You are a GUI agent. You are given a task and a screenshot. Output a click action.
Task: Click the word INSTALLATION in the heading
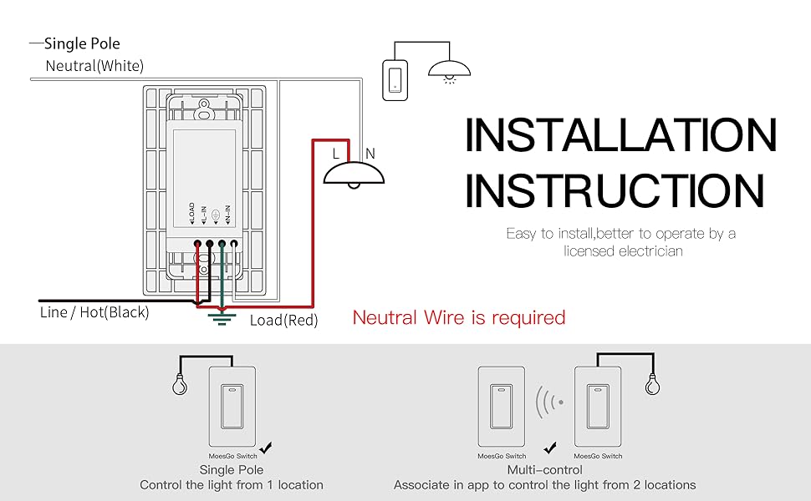[620, 134]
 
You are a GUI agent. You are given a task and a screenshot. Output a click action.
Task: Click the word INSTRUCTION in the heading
[615, 190]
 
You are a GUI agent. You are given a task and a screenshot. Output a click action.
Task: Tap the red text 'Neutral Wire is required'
[459, 317]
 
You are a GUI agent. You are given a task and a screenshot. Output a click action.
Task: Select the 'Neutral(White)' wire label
[94, 66]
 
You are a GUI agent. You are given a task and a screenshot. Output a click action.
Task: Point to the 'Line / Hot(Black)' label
[94, 312]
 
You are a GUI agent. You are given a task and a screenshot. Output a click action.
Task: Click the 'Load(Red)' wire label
[283, 321]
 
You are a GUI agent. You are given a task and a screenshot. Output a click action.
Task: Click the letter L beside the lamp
[335, 154]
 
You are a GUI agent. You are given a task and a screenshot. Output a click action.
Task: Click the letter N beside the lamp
[370, 154]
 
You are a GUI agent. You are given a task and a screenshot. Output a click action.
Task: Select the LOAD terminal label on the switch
[192, 213]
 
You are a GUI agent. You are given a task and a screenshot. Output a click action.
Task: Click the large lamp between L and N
[354, 175]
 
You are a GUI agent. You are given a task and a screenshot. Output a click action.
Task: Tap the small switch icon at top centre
[395, 80]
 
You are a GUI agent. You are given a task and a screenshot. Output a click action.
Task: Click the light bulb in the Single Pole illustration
[180, 384]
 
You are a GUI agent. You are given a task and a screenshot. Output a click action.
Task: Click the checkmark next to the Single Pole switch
[266, 448]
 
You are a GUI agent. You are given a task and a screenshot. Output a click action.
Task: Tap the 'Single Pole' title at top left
[82, 43]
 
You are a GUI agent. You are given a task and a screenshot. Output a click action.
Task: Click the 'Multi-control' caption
[544, 469]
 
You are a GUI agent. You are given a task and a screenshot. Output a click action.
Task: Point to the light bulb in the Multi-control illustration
[653, 384]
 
